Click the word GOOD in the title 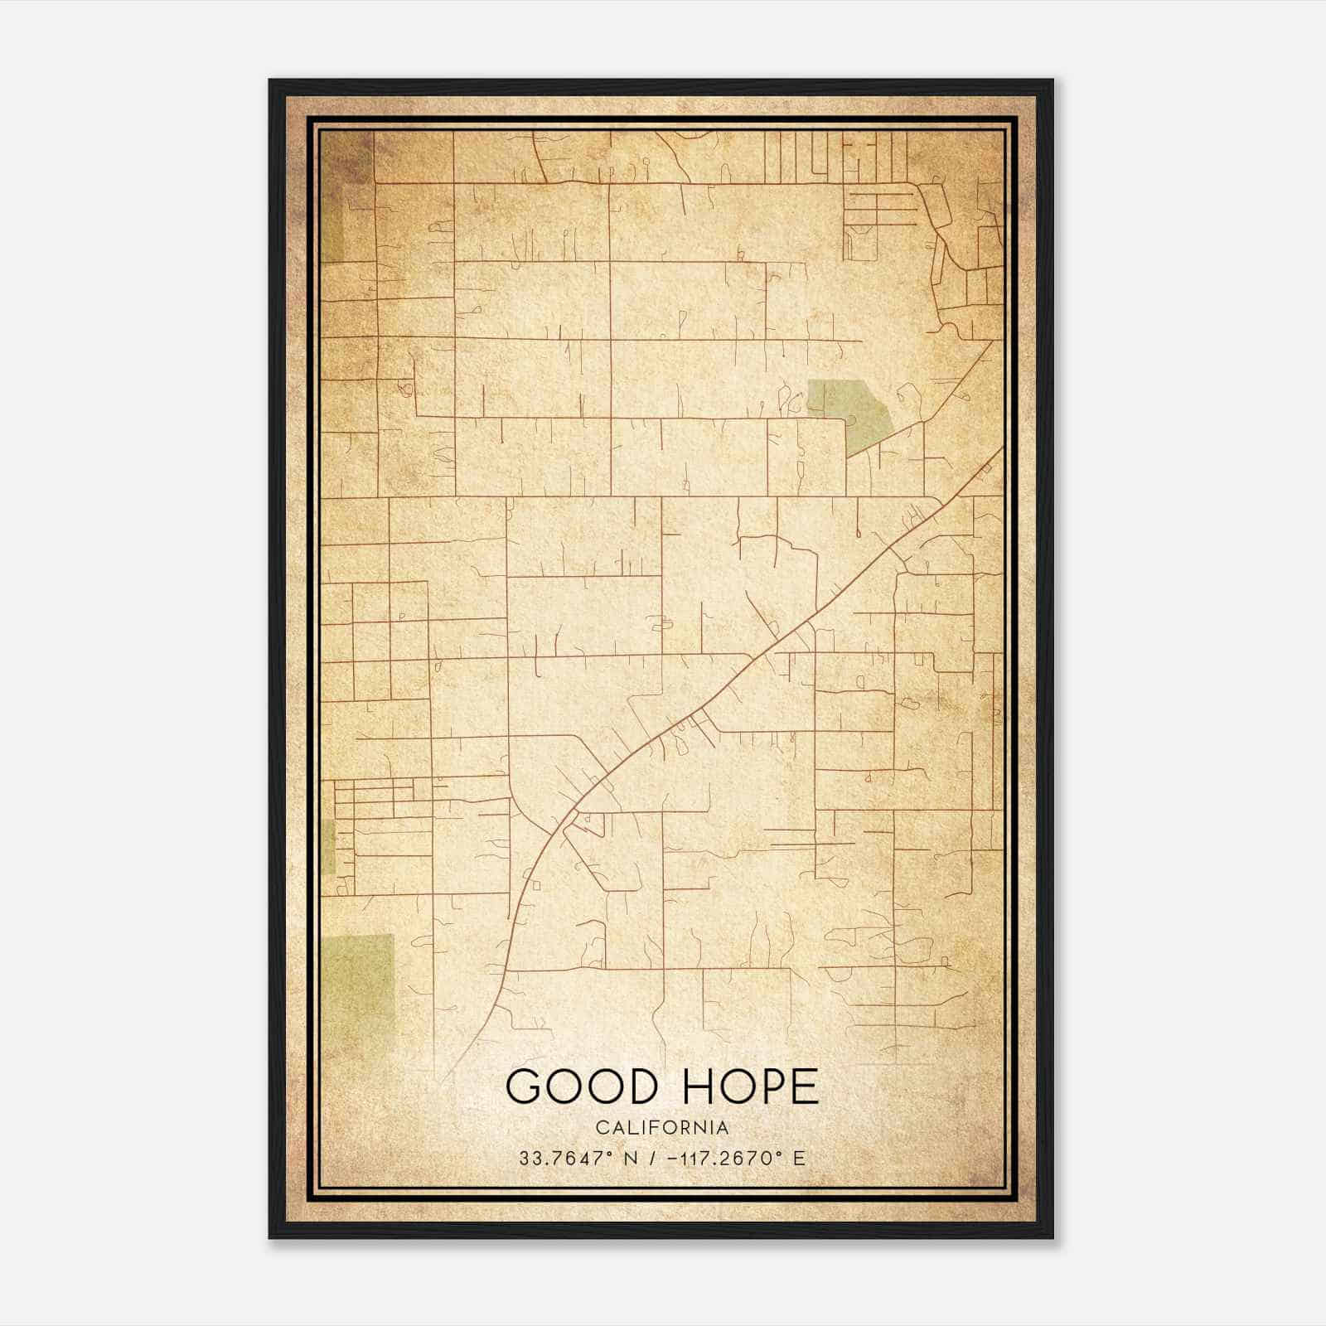577,1086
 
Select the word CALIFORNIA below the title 662,1128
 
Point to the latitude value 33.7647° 566,1159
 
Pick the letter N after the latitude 631,1159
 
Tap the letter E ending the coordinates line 799,1159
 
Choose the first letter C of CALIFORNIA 601,1128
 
